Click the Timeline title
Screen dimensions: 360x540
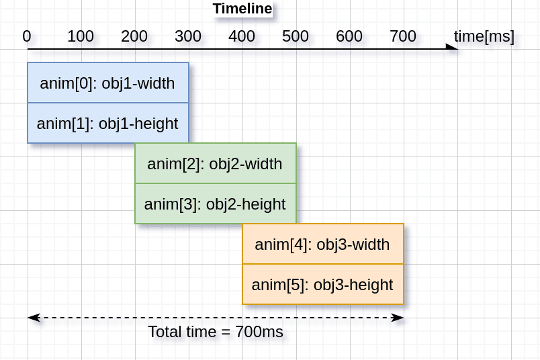(x=242, y=9)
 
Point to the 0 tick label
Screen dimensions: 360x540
(x=27, y=36)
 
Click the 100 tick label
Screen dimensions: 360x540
(x=81, y=36)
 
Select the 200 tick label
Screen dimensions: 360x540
(x=134, y=36)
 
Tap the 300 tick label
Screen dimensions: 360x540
(x=188, y=36)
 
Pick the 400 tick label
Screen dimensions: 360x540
(x=242, y=36)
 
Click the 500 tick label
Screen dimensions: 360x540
(x=296, y=36)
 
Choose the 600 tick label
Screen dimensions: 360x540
(x=349, y=36)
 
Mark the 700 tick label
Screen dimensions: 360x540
(x=403, y=36)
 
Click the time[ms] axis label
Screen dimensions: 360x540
(x=484, y=36)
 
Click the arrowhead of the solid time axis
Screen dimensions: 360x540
(x=453, y=48)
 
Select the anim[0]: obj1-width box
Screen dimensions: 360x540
(x=107, y=83)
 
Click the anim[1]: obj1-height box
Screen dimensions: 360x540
(x=107, y=123)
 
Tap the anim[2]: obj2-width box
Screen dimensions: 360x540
(x=215, y=163)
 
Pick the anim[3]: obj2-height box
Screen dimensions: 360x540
(x=215, y=204)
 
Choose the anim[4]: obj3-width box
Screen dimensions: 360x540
(x=322, y=244)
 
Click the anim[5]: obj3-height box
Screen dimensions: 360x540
(x=322, y=284)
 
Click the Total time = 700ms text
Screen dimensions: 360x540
(x=216, y=332)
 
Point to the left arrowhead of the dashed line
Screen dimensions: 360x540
(x=33, y=317)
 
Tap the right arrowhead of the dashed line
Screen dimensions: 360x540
(x=398, y=317)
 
